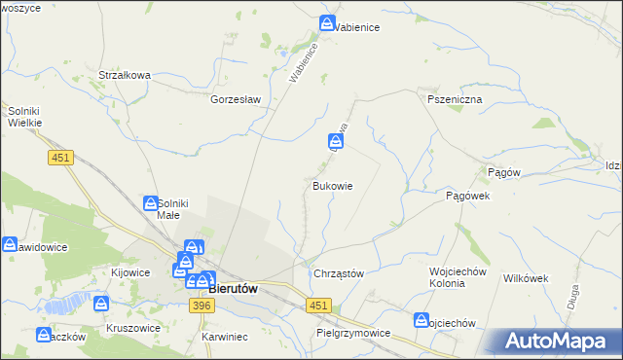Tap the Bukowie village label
tap(332, 185)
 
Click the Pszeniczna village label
tap(448, 99)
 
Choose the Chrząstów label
tap(338, 273)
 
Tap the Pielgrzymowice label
tap(353, 333)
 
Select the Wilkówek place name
tap(526, 277)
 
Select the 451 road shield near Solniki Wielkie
tap(59, 157)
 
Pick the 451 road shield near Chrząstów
tap(316, 306)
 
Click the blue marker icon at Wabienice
tap(329, 22)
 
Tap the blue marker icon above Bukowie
tap(334, 142)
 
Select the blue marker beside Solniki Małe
tap(151, 202)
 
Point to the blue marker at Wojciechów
tap(421, 319)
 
